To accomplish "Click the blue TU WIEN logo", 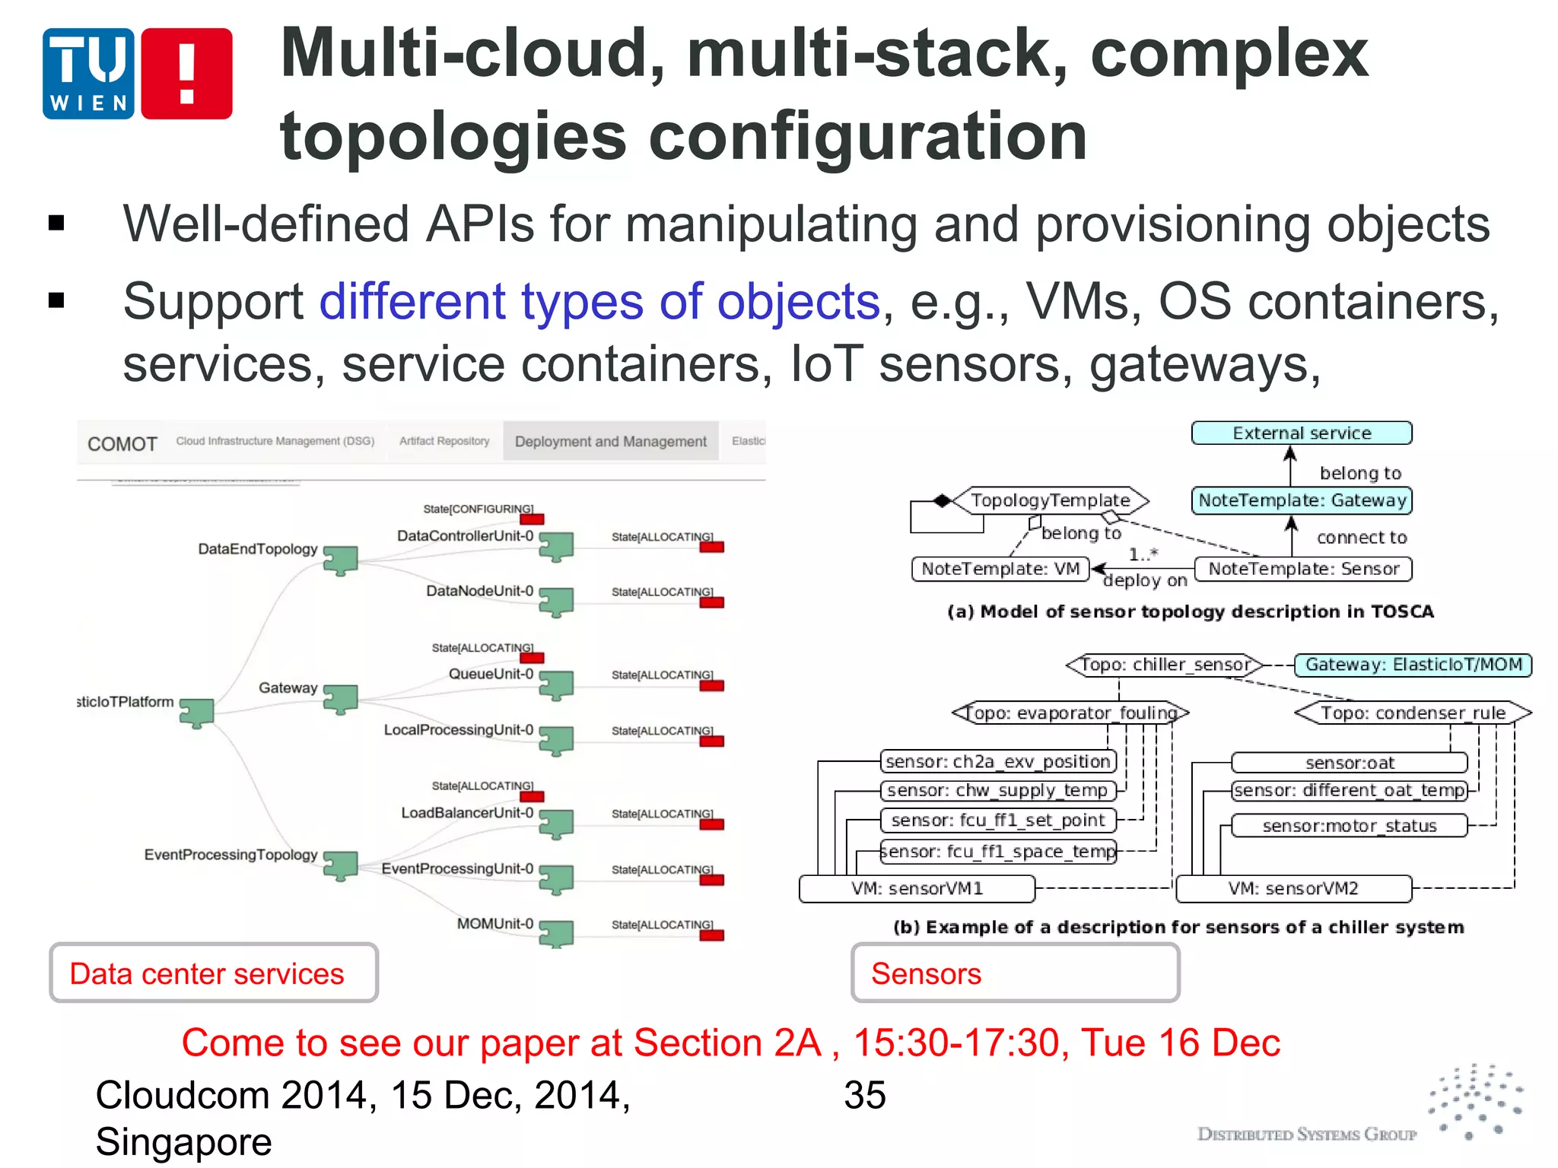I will [x=88, y=74].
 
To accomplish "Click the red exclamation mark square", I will [x=186, y=74].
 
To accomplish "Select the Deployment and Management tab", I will [x=610, y=442].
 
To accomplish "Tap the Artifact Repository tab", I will [x=444, y=441].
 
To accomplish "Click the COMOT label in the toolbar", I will [x=122, y=444].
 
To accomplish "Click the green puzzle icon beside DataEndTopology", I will [x=340, y=560].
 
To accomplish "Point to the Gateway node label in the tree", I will [x=288, y=687].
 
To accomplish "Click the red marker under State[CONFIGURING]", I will [x=532, y=519].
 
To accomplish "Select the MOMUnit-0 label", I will [x=494, y=924].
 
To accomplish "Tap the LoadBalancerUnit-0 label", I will [x=467, y=813].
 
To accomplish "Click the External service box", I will [x=1301, y=433].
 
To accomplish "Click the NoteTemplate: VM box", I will [x=1000, y=569].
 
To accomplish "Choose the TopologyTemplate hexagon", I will [x=1050, y=500].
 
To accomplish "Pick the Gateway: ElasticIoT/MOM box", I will [x=1413, y=665].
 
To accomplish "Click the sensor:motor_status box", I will [x=1349, y=826].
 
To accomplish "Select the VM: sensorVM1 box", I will [x=917, y=888].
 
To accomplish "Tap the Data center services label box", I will [x=213, y=973].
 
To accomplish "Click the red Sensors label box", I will [x=1015, y=973].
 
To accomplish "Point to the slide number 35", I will [x=864, y=1096].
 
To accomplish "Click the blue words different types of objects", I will [x=599, y=302].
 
